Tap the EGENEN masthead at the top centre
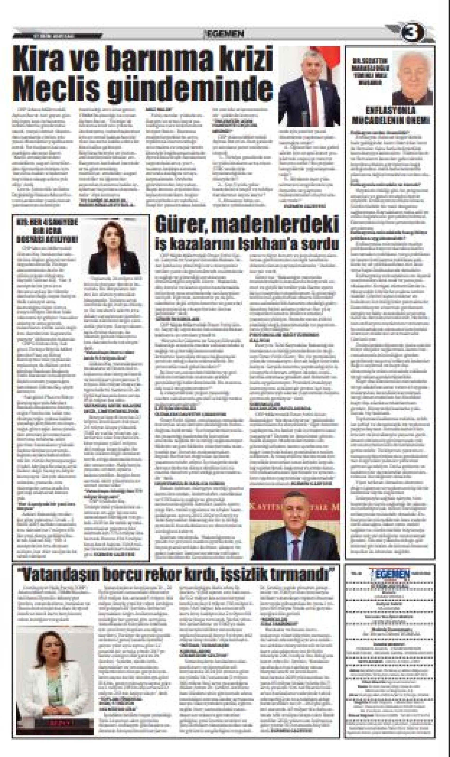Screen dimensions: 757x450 tap(224, 34)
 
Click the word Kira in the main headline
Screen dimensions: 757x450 tap(43, 58)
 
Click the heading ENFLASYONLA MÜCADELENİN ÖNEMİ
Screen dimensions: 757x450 tap(391, 116)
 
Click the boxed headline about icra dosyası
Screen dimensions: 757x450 tap(47, 231)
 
